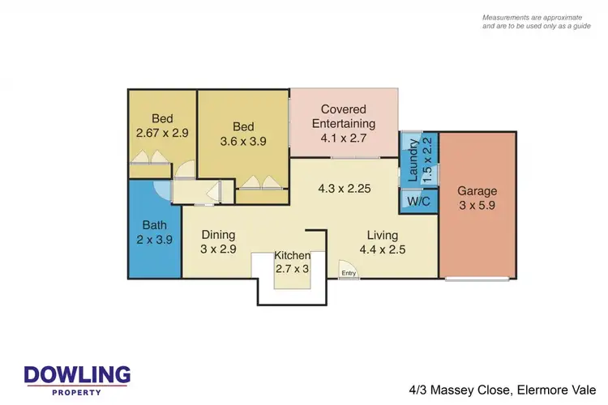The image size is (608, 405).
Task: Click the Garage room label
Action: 477,192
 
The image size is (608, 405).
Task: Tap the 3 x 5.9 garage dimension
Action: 477,207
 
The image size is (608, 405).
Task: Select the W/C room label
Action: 418,200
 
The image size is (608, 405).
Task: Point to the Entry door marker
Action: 349,274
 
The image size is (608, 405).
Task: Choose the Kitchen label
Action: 292,256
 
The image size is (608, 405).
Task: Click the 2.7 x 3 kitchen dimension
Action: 292,269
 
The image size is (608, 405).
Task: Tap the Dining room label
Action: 218,235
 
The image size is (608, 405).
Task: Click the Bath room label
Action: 154,225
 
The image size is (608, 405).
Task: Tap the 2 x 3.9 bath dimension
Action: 154,239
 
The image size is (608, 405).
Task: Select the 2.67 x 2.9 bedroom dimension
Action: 162,133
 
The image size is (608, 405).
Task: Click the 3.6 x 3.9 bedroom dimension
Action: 243,141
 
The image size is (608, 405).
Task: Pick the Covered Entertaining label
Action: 344,117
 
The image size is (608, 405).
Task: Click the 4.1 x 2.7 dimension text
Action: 344,139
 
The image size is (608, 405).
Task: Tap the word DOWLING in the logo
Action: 77,375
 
